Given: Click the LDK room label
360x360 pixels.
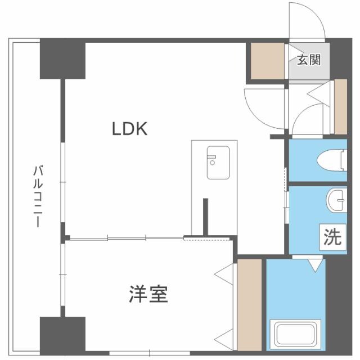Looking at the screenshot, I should point(129,129).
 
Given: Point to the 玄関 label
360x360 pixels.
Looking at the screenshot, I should point(309,60).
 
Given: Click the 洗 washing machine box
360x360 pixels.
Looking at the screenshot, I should point(331,237).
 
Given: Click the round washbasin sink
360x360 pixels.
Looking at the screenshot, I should point(336,200).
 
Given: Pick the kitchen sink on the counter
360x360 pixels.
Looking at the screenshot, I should point(218,163).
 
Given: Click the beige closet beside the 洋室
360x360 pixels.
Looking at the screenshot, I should point(249,304).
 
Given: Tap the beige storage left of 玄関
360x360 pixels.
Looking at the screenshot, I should point(268,60).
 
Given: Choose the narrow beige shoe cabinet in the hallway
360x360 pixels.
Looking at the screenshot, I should point(340,107).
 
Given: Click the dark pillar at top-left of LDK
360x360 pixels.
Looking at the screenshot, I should point(62,60).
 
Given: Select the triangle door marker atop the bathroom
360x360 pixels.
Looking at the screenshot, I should point(315,263).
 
